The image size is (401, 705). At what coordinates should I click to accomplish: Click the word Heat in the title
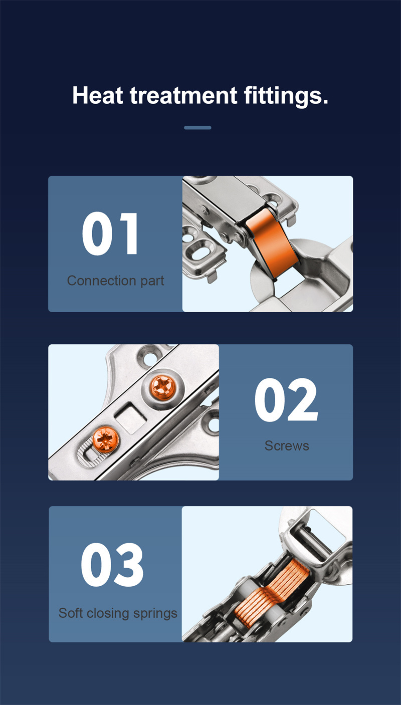(98, 95)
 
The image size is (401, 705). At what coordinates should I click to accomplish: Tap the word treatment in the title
(183, 96)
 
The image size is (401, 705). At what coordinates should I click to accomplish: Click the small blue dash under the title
(197, 128)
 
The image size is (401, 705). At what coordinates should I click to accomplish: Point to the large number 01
(110, 233)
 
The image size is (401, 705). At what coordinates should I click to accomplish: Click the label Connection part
(115, 281)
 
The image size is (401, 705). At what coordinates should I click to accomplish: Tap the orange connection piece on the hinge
(271, 243)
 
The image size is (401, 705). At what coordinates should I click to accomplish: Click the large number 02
(286, 400)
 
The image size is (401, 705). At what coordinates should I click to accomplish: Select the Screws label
(287, 445)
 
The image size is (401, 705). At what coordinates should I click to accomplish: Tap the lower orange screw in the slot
(106, 439)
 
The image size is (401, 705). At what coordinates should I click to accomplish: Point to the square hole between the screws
(131, 418)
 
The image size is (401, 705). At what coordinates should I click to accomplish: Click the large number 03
(112, 564)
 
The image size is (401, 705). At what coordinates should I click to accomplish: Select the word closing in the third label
(108, 613)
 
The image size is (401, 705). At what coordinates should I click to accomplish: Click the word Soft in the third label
(71, 613)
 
